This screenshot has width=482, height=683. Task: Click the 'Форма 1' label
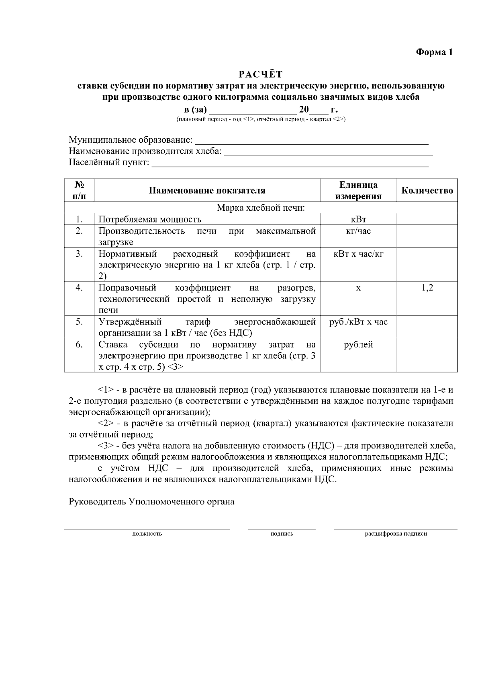(x=434, y=52)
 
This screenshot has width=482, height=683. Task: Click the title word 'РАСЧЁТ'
(x=261, y=74)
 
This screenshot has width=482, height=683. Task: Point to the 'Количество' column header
(x=427, y=190)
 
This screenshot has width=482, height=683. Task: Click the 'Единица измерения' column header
(x=358, y=190)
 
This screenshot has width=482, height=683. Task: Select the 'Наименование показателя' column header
(x=207, y=190)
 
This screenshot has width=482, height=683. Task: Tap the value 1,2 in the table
(x=427, y=288)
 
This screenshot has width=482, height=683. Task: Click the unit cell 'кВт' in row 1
(x=358, y=219)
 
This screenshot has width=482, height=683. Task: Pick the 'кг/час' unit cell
(x=358, y=231)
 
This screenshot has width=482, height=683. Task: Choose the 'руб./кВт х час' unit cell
(x=358, y=322)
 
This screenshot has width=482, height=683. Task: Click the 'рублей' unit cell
(x=358, y=345)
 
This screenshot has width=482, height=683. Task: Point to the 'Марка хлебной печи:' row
(x=261, y=208)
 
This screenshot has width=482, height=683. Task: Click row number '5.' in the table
(x=79, y=322)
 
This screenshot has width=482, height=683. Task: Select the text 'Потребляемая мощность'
(x=150, y=219)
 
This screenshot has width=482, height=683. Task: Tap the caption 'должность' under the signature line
(x=147, y=534)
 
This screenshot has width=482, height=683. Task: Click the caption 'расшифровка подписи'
(x=396, y=534)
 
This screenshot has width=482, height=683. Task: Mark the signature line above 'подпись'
(x=282, y=529)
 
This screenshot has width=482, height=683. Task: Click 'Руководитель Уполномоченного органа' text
(x=151, y=502)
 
